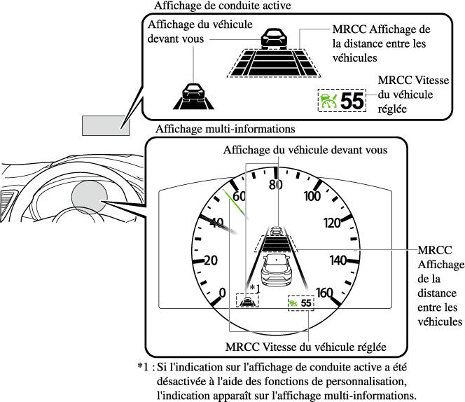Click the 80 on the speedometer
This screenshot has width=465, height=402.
pyautogui.click(x=275, y=185)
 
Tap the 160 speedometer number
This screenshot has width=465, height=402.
pyautogui.click(x=324, y=292)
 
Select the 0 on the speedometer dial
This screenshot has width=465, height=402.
pyautogui.click(x=223, y=292)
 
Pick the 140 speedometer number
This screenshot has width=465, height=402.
pyautogui.click(x=339, y=260)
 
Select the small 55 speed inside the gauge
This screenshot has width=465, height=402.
pyautogui.click(x=307, y=303)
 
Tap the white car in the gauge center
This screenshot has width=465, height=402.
pyautogui.click(x=277, y=268)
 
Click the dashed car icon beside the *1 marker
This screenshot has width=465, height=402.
pyautogui.click(x=247, y=301)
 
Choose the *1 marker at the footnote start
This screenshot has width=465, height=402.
pyautogui.click(x=145, y=366)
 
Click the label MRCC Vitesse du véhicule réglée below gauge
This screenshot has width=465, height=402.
pyautogui.click(x=306, y=347)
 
